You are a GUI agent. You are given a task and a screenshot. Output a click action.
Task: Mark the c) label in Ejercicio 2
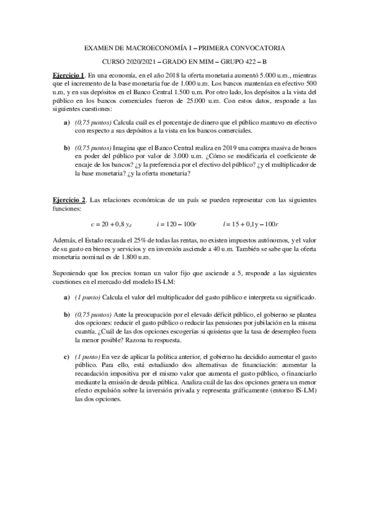click(x=67, y=356)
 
